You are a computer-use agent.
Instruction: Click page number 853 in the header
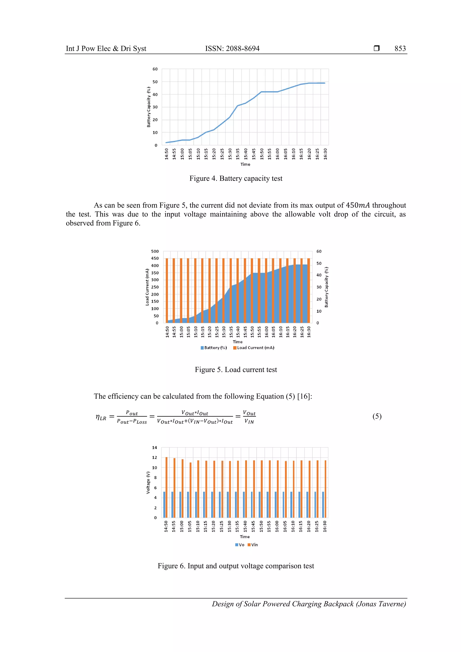[400, 49]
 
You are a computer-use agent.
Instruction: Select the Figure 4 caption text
[236, 178]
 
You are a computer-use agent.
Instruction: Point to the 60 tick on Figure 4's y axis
[155, 69]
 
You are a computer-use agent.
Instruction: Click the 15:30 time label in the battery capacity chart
[230, 154]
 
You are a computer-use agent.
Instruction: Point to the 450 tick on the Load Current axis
[155, 258]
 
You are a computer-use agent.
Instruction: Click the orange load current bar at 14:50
[167, 290]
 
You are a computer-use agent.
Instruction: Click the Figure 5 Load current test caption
[236, 370]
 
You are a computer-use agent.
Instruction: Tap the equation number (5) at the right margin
[377, 416]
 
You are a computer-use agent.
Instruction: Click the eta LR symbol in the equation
[101, 417]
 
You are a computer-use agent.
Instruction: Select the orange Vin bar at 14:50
[166, 487]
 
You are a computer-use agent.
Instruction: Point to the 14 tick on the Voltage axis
[154, 448]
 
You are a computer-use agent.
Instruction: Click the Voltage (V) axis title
[148, 483]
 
